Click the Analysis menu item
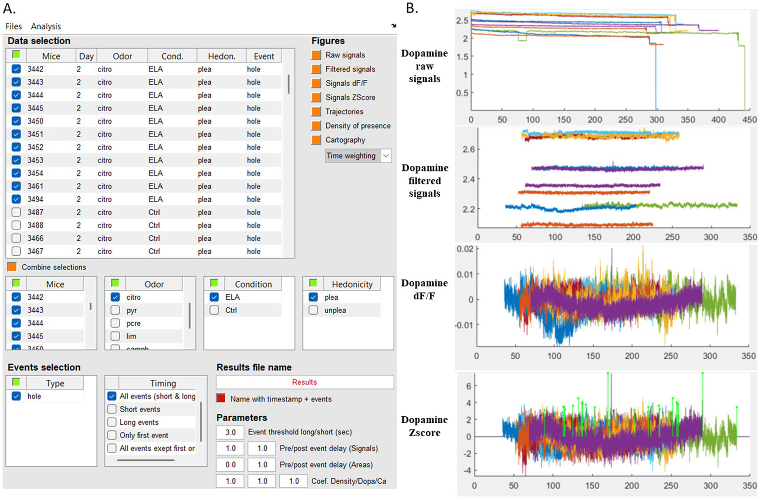(46, 26)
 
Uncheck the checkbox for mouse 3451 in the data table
(16, 134)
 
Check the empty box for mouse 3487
(16, 212)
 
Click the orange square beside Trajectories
(316, 111)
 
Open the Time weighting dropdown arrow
(386, 156)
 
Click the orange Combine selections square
(12, 267)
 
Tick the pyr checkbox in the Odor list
(115, 310)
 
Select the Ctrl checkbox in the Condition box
(214, 310)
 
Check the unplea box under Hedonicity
(313, 310)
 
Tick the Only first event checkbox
(112, 435)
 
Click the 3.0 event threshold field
(230, 432)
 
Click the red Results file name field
(304, 382)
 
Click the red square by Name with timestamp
(221, 399)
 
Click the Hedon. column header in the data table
(221, 56)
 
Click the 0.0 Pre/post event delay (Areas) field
(230, 465)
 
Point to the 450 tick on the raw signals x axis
(749, 120)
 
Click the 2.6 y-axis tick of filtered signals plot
(468, 149)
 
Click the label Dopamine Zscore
(424, 426)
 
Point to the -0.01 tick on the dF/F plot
(463, 325)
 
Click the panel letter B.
(412, 8)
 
